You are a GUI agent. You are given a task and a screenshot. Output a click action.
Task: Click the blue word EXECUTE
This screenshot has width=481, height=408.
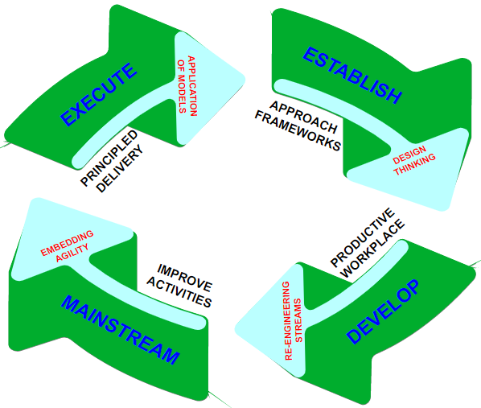98,94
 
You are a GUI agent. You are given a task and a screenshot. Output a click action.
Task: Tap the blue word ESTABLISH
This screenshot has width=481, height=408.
352,75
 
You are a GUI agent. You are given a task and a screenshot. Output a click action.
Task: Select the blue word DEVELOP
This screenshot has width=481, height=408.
383,311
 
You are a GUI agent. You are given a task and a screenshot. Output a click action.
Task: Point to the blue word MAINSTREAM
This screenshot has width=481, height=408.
121,330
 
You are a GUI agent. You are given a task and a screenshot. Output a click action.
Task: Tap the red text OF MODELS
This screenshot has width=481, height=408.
182,86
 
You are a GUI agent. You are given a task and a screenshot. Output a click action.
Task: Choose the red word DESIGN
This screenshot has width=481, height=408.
409,155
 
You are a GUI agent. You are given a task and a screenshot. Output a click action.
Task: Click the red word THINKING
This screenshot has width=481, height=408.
415,164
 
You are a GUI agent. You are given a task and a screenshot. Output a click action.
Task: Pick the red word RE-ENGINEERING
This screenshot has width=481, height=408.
287,321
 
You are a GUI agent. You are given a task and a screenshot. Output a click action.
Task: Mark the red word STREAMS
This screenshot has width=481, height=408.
298,320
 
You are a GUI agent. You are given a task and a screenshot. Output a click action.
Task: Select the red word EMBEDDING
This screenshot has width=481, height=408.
68,243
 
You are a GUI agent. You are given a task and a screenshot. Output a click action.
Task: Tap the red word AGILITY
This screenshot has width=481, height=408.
72,253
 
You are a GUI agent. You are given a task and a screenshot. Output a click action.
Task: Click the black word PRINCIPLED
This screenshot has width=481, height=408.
109,158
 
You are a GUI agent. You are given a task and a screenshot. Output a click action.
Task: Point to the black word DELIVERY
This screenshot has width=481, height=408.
120,168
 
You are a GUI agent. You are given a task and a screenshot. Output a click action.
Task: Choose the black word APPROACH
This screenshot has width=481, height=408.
303,117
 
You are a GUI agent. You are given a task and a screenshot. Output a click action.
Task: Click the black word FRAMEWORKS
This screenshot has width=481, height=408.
298,131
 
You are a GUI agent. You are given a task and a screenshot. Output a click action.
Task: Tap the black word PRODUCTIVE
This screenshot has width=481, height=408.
362,237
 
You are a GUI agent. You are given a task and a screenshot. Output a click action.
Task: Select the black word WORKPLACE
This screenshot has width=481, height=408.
372,248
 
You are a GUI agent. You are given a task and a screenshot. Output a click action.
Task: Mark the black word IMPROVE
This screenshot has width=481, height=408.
185,278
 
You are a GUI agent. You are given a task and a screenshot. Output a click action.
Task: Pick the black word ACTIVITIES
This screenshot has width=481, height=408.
179,292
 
